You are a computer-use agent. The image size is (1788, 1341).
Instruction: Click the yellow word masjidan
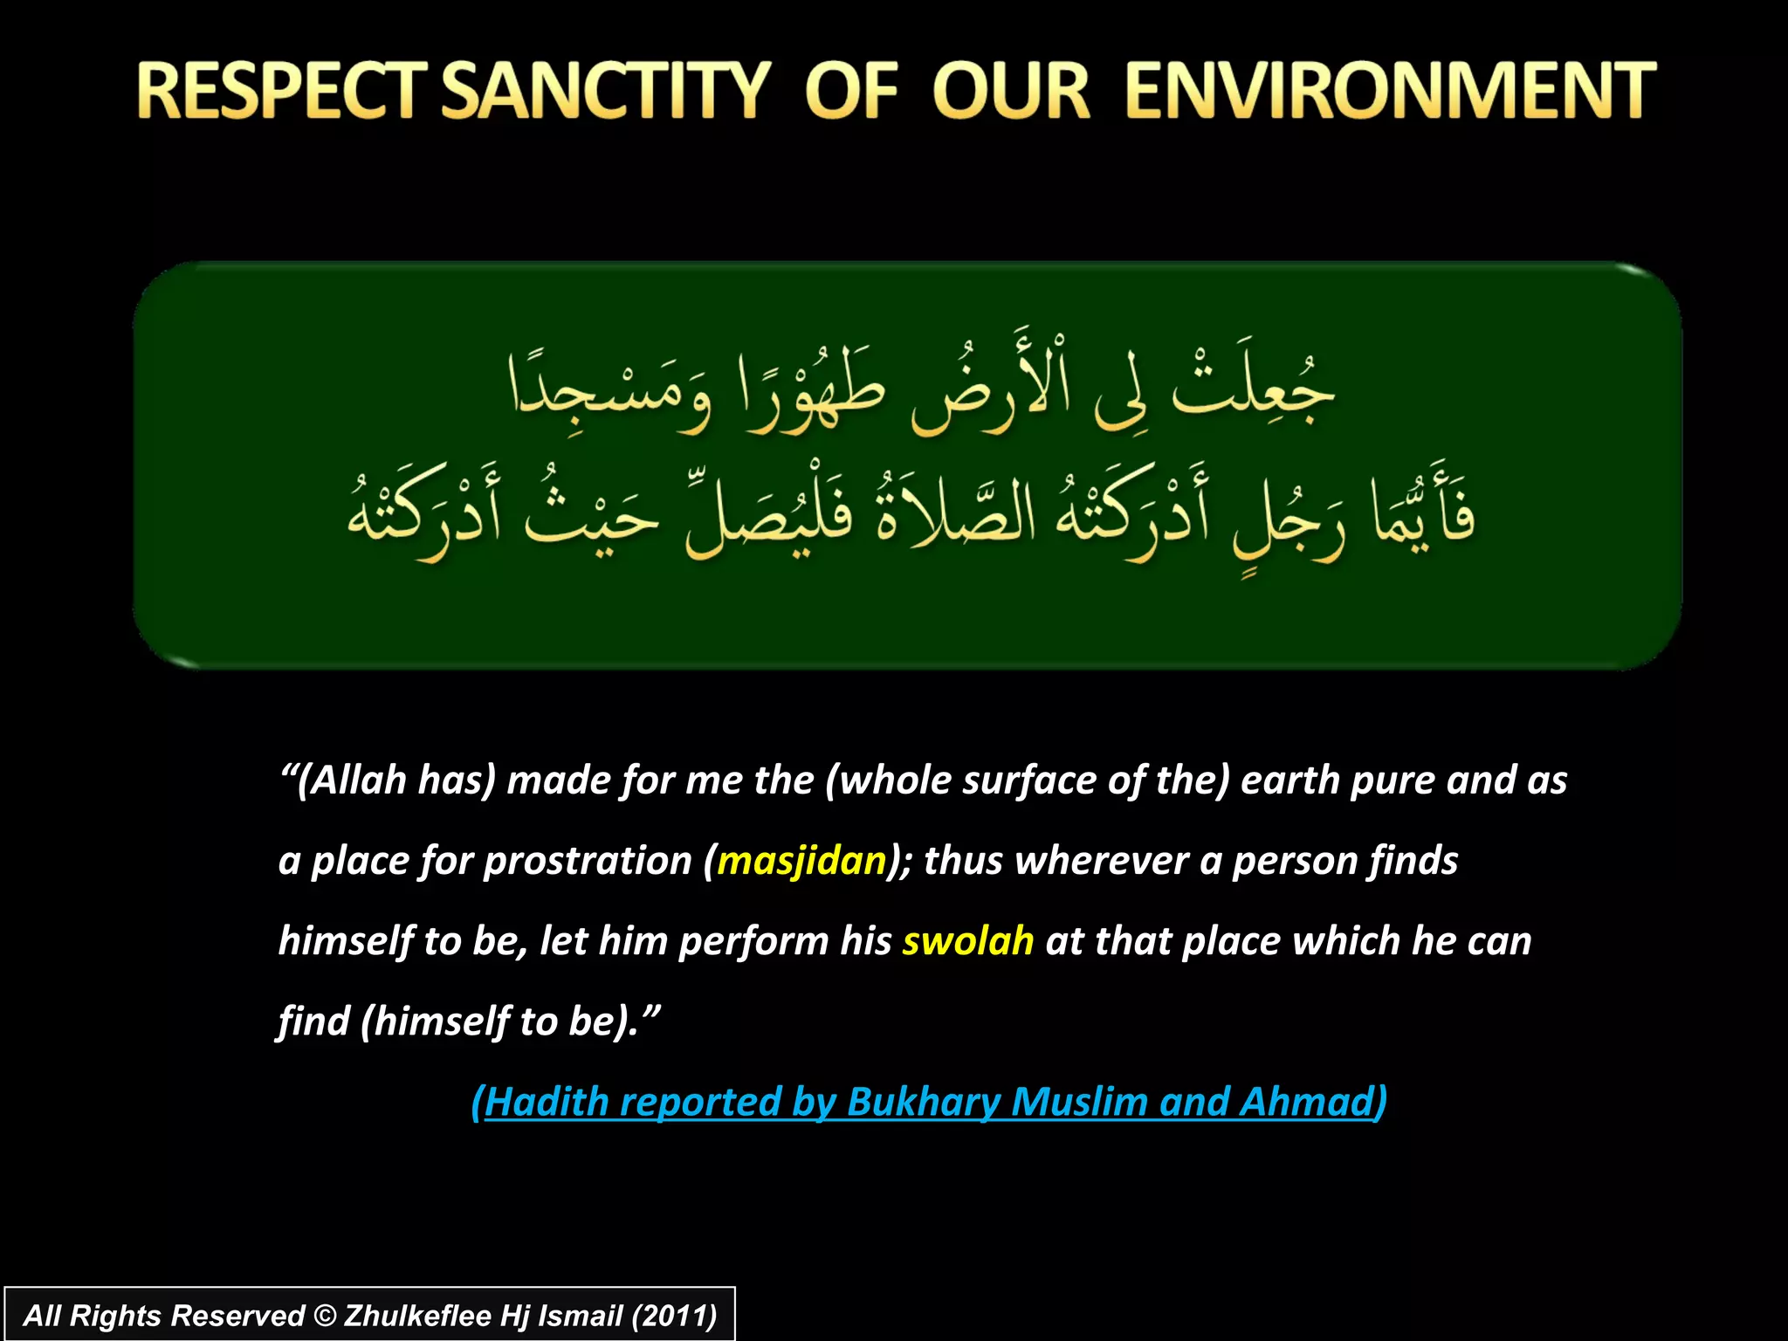coord(801,861)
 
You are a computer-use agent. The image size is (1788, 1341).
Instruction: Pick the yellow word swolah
coord(967,941)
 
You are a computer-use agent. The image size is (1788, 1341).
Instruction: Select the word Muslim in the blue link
coord(1079,1102)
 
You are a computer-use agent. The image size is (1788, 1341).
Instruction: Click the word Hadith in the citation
coord(547,1102)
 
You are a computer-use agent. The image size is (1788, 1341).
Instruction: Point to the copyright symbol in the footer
coord(324,1316)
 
